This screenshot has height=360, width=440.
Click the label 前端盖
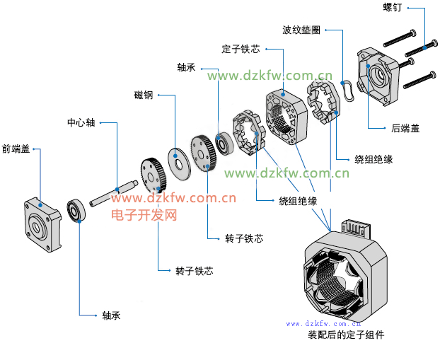click(16, 149)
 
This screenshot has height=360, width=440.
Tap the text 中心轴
click(81, 122)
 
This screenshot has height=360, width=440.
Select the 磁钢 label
click(143, 95)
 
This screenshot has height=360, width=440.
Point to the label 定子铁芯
click(241, 50)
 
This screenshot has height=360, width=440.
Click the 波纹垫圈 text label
click(301, 30)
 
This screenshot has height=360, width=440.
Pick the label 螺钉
click(393, 8)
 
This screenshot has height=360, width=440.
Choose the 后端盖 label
click(405, 129)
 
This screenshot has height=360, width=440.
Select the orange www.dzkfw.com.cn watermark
click(173, 199)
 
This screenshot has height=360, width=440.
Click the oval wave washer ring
click(348, 88)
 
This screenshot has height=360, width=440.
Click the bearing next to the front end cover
click(76, 210)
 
